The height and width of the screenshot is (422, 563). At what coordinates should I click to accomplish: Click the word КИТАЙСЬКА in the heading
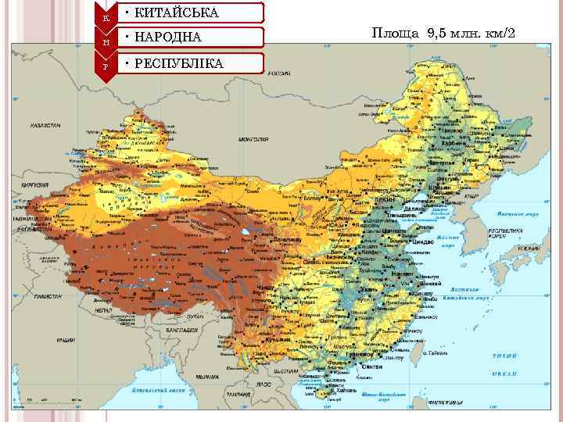(x=177, y=13)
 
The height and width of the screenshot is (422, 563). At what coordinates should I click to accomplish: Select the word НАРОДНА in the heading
(x=168, y=38)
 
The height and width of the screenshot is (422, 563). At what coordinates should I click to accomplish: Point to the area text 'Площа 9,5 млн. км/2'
(x=443, y=34)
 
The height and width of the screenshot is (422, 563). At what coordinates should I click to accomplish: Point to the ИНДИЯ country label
(x=66, y=341)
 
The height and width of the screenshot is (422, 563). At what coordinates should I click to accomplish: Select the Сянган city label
(x=373, y=367)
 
